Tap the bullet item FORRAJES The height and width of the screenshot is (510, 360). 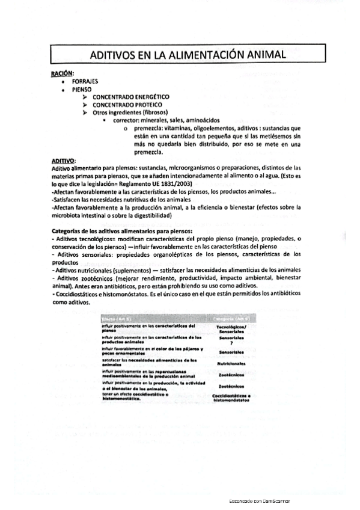[x=85, y=80]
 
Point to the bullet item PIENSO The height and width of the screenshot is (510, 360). [x=81, y=88]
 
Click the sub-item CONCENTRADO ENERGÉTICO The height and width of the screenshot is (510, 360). [x=130, y=96]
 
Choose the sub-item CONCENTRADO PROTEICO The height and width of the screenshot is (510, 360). [x=127, y=104]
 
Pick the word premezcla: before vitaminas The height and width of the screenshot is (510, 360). [x=148, y=128]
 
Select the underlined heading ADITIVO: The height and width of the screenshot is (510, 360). [x=63, y=160]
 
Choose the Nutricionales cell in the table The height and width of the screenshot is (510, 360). [x=231, y=363]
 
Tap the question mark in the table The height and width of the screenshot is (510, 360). [x=231, y=343]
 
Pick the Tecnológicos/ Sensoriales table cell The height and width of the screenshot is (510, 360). [x=231, y=328]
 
